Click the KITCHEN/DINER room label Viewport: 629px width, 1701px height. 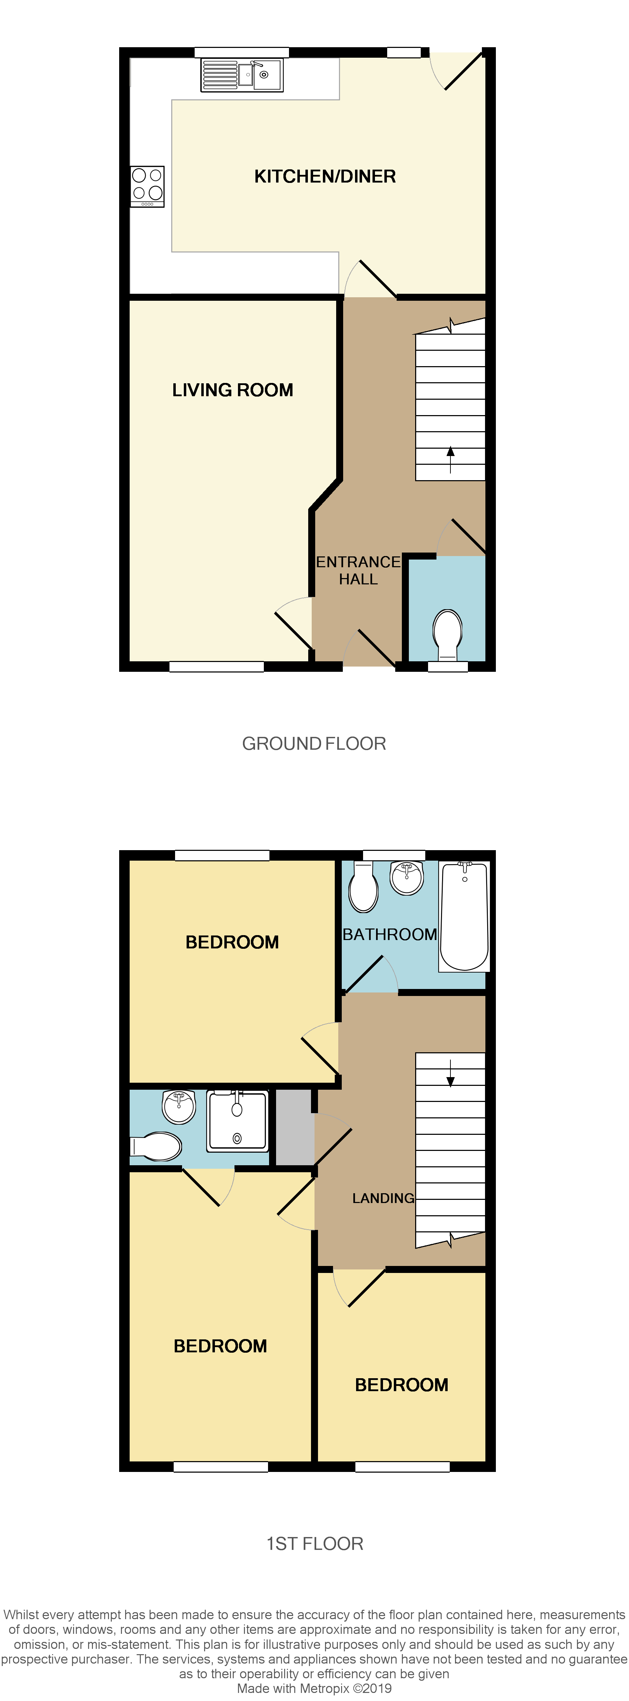[x=325, y=176]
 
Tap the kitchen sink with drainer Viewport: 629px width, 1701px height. [x=242, y=74]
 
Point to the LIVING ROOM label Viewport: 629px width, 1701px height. [x=232, y=390]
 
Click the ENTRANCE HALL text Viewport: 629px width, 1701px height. [x=358, y=570]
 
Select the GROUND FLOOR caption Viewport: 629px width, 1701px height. [x=314, y=743]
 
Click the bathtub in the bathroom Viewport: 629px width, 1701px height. [x=465, y=917]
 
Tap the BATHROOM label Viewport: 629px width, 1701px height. [x=389, y=934]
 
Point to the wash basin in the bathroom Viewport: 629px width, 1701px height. [x=407, y=877]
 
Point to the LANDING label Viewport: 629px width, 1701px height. [x=383, y=1198]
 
